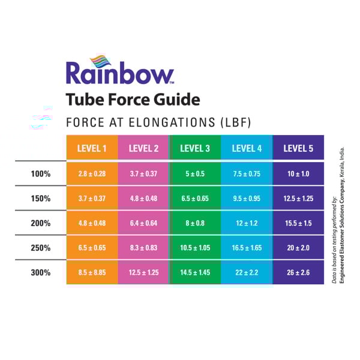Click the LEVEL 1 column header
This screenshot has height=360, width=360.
92,148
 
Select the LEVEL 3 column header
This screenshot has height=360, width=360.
195,148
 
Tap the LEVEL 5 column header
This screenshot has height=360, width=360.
298,148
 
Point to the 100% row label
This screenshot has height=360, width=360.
40,173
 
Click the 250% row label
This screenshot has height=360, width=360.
40,248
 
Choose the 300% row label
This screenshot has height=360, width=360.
40,272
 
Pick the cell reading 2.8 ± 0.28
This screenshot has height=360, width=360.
92,173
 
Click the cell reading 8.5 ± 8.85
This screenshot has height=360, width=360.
92,272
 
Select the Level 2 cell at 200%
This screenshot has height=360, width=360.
143,223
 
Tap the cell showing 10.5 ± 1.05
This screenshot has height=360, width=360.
195,248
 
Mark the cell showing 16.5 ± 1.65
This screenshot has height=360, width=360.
247,248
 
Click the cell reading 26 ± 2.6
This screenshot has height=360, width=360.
298,272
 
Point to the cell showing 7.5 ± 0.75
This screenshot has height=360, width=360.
247,173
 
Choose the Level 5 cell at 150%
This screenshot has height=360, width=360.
298,198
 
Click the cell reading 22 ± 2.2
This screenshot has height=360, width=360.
247,272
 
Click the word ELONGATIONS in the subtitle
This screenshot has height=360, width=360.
169,122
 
